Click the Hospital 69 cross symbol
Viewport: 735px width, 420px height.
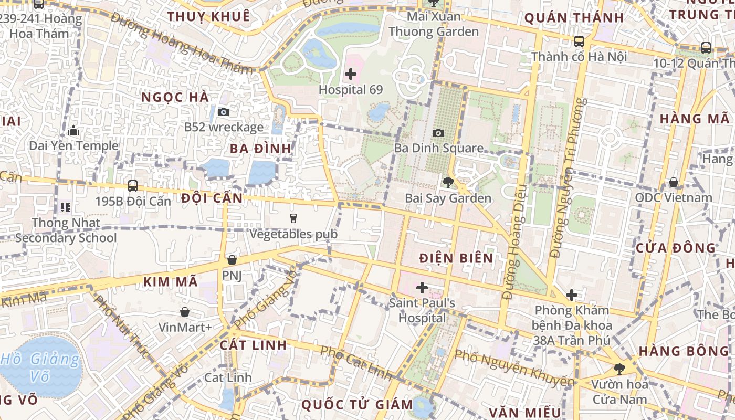tap(351, 74)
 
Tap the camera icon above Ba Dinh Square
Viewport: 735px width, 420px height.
tap(438, 133)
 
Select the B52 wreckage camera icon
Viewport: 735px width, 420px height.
tap(224, 112)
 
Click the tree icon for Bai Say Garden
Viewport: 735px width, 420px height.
tap(448, 183)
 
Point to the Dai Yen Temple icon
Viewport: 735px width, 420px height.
tap(73, 130)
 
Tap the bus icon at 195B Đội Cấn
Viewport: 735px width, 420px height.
tap(133, 185)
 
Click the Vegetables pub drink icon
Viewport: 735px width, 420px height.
tap(293, 218)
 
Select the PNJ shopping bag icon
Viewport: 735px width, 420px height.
tap(232, 260)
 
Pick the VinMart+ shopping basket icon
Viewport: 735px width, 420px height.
tap(185, 312)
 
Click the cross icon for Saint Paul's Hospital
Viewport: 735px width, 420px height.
tap(422, 287)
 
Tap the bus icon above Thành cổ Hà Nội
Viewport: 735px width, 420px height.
tap(579, 41)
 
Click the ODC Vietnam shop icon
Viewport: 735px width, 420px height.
tap(674, 182)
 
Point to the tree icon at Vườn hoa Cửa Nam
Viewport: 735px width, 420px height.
tap(619, 369)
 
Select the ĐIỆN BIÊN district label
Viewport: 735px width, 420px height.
tap(456, 258)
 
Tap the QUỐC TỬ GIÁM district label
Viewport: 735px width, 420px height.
tap(357, 404)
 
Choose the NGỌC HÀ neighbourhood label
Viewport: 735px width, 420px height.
tap(175, 97)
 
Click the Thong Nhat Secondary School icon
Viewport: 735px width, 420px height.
tap(66, 207)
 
